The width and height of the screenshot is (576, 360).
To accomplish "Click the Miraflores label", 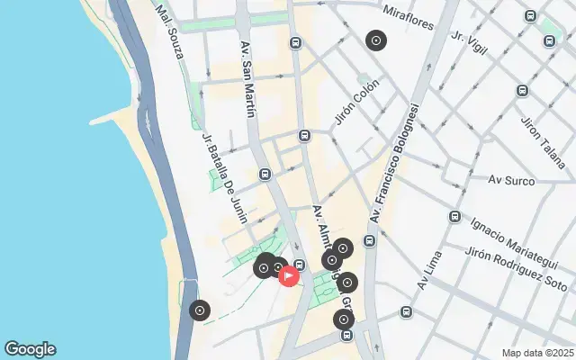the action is coord(409,13).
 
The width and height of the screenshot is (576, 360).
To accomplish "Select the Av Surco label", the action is coord(510,180).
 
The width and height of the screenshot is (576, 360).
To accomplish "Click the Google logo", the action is coord(30,349).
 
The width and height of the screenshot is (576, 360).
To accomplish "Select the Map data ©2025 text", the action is coord(537,353).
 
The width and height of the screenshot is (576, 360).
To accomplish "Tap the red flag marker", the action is coord(289,275).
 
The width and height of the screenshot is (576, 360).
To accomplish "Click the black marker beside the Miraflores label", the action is coord(376,40).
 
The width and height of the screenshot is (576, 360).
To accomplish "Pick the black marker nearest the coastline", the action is coord(200,311).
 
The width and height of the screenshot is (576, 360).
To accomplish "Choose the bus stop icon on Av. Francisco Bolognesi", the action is coord(370,240).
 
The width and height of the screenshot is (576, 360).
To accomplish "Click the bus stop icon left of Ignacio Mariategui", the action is coord(455,217).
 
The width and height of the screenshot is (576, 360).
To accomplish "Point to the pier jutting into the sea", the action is coord(114,117).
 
